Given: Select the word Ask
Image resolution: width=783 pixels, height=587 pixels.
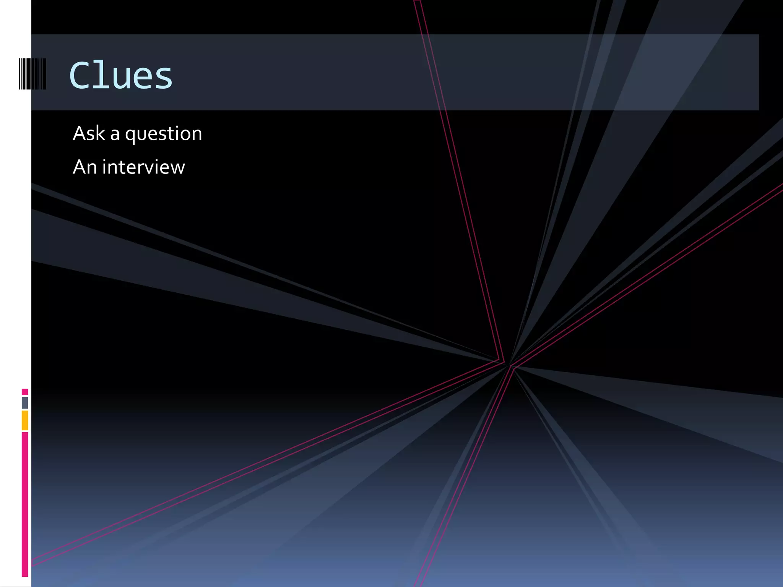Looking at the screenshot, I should pyautogui.click(x=89, y=133).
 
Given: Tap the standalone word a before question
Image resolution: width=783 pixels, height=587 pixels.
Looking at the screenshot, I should pyautogui.click(x=115, y=135).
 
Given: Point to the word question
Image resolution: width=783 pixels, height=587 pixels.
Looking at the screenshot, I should pyautogui.click(x=164, y=135).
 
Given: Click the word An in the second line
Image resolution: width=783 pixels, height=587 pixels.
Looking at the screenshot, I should pyautogui.click(x=84, y=167).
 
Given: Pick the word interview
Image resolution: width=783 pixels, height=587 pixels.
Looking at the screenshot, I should pyautogui.click(x=143, y=167).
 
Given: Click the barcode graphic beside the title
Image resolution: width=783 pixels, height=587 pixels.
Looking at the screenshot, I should pyautogui.click(x=32, y=74).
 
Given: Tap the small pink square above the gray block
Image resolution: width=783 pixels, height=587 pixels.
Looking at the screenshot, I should pyautogui.click(x=25, y=392).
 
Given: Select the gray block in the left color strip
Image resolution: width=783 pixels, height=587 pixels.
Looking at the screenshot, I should pyautogui.click(x=25, y=402).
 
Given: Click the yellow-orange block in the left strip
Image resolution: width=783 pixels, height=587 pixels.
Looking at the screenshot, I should pyautogui.click(x=25, y=420).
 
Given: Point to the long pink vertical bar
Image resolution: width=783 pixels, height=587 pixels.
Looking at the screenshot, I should pyautogui.click(x=25, y=504).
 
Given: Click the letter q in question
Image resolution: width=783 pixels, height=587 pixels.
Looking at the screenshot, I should pyautogui.click(x=130, y=136).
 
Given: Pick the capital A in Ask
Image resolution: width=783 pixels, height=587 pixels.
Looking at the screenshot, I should pyautogui.click(x=79, y=133).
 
